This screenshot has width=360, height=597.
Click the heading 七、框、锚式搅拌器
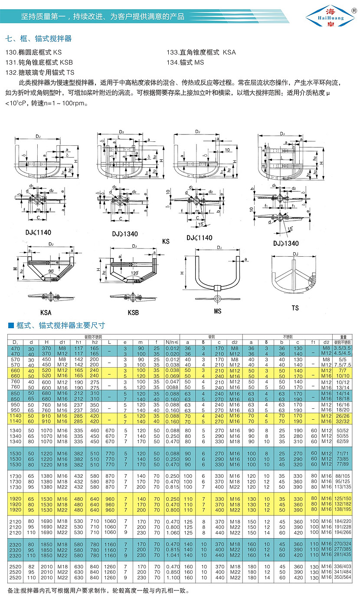39,39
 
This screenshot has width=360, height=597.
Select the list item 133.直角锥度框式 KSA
201,52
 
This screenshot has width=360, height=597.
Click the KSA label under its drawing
46,312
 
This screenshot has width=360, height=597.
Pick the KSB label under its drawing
133,312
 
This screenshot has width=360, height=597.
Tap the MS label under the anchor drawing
217,311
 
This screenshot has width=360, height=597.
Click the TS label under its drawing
295,308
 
